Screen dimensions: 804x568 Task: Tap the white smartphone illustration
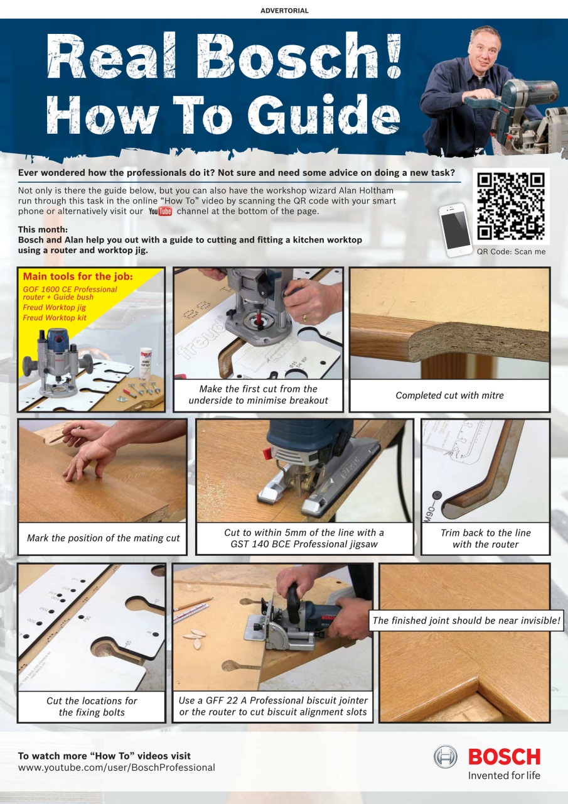456,229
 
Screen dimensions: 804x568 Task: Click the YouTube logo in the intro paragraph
160,212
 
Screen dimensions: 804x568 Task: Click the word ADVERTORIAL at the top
284,11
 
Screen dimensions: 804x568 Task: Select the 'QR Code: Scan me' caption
511,251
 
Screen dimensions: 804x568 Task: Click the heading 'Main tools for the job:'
78,276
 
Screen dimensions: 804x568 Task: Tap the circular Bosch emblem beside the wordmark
446,757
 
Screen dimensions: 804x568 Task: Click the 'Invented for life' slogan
504,776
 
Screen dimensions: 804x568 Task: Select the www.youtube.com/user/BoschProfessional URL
117,768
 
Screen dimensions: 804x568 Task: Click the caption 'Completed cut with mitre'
449,395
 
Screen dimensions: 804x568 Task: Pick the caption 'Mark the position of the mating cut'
103,538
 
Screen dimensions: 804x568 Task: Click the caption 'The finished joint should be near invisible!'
467,621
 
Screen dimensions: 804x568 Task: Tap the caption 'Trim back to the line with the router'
485,538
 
